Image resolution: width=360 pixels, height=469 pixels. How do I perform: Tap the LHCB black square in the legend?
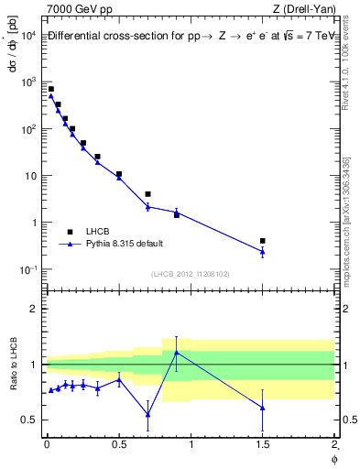click(70, 232)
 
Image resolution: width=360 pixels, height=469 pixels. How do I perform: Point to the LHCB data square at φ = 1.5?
click(263, 241)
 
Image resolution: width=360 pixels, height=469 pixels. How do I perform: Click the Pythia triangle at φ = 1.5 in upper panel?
click(263, 251)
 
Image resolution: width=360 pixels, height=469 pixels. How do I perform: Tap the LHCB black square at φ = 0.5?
click(119, 174)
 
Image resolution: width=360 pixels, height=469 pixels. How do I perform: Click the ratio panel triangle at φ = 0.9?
click(176, 352)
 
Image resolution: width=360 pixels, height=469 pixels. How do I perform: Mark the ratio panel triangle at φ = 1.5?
click(263, 408)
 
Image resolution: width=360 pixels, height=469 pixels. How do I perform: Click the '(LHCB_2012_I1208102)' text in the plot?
click(190, 273)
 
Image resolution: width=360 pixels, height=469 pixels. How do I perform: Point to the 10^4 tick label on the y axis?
click(28, 35)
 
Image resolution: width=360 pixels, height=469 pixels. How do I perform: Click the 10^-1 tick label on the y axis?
click(28, 269)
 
